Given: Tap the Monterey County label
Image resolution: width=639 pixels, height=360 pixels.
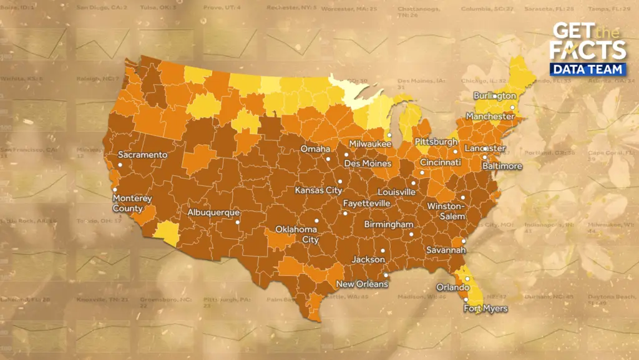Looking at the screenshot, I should point(132,203).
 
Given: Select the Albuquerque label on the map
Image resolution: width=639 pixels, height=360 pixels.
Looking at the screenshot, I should point(213,213).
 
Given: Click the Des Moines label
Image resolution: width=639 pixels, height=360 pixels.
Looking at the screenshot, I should point(368,163).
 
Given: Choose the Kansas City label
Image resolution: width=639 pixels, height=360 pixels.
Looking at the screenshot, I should point(318,190).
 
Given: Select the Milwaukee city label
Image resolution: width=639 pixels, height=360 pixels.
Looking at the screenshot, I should point(370,144).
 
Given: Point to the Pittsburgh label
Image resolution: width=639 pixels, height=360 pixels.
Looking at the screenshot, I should point(436,142).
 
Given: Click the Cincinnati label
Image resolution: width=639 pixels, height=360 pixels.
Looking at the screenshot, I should point(440,162).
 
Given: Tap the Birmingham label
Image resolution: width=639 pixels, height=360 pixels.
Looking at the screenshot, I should point(390,225).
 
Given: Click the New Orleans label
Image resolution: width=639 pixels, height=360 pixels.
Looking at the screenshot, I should point(362,284).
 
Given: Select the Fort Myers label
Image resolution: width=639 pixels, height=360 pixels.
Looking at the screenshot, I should point(485,308).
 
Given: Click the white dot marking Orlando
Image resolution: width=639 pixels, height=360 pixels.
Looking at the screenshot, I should point(467,278).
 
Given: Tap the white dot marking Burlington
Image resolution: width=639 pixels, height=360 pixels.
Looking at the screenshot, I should point(494,96).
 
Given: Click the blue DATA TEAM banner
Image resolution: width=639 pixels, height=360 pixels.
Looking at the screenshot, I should point(587,68).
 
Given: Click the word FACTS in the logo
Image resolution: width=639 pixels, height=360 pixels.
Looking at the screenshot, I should point(587,50).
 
